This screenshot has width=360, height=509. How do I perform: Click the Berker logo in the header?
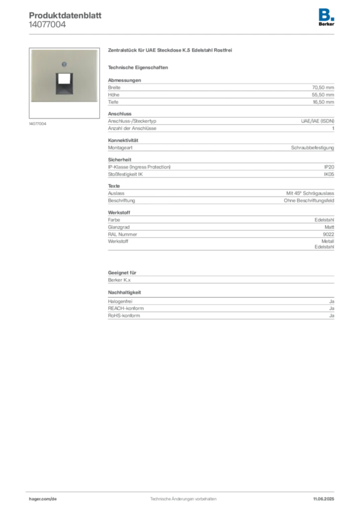326,17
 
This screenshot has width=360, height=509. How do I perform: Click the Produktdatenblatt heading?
65,15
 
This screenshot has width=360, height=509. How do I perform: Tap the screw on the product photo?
64,64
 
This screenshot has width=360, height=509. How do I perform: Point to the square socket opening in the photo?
64,84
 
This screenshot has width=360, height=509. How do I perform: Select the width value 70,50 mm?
323,87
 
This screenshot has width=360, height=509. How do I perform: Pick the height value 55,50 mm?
323,95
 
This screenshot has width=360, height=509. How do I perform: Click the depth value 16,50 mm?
323,102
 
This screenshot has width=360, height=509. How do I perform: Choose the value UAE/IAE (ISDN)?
317,121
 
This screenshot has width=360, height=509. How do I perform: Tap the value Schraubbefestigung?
313,147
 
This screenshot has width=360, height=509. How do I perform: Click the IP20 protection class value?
329,167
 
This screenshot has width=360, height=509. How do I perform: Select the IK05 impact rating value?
329,174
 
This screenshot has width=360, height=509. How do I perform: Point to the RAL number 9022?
329,235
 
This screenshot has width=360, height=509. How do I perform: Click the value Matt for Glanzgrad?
329,227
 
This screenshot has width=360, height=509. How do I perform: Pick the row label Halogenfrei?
120,301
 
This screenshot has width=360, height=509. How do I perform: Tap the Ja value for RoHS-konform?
332,316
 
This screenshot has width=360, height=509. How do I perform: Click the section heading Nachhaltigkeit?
124,292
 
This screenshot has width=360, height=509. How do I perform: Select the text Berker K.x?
119,280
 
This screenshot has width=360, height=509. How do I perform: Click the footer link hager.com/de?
43,499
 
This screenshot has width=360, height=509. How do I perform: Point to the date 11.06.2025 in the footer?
324,499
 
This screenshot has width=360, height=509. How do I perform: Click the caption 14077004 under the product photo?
38,124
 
